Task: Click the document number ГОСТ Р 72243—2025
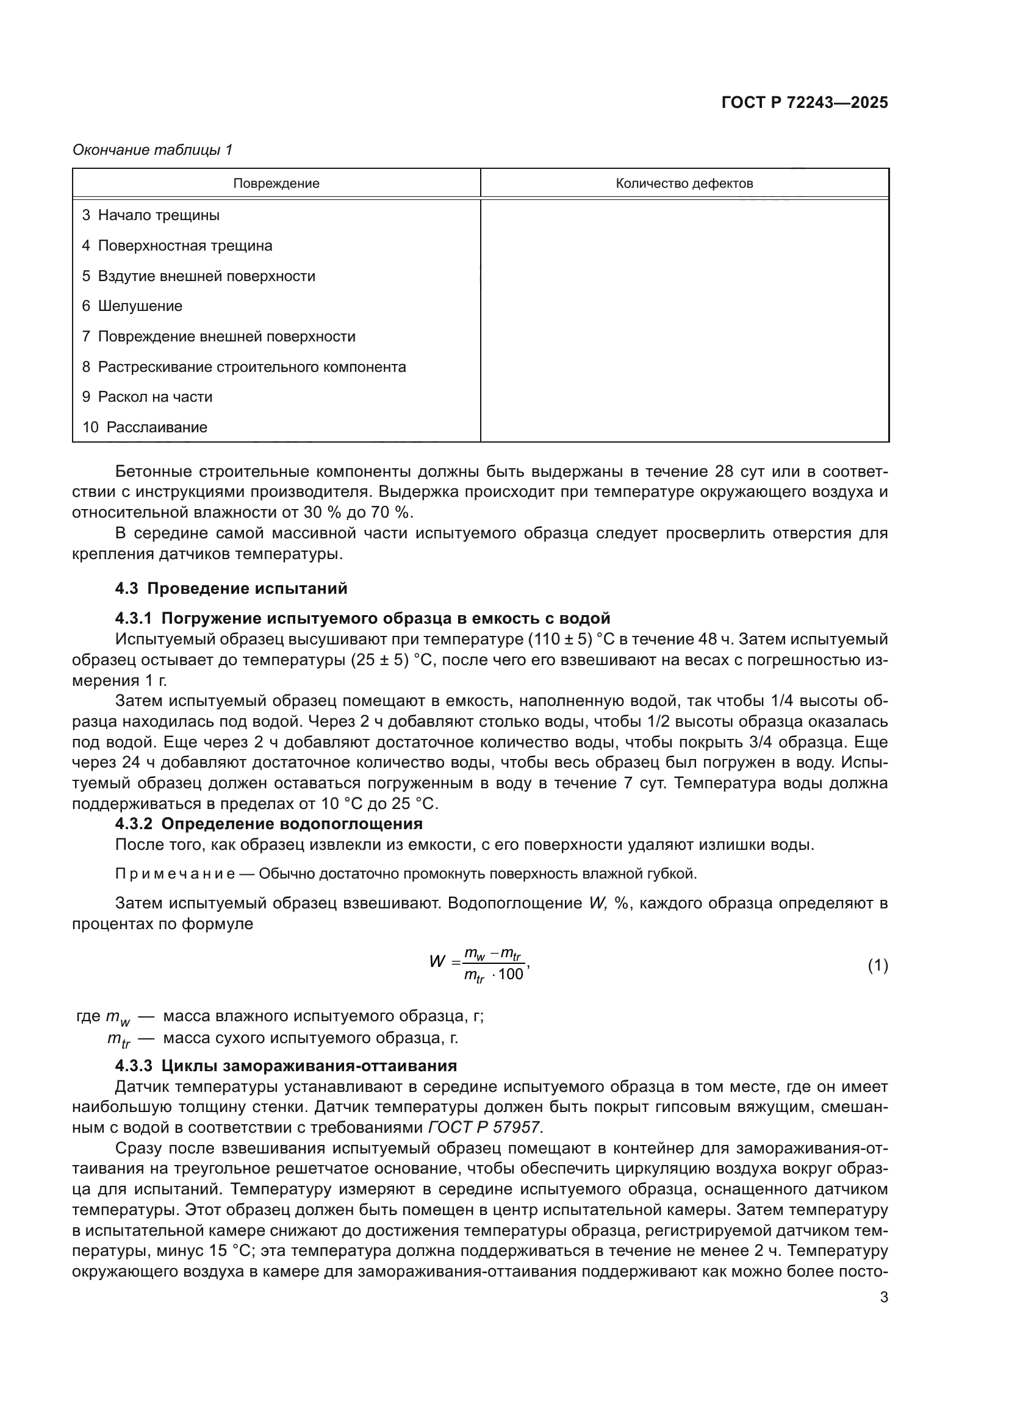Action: (805, 103)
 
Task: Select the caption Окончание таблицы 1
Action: (153, 150)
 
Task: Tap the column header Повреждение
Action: (276, 184)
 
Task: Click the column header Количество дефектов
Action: (684, 184)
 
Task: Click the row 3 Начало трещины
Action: (151, 215)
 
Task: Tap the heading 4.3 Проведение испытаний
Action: (231, 588)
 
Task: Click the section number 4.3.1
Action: (133, 618)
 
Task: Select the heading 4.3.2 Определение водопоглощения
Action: (268, 824)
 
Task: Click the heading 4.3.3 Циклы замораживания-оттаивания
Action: (285, 1066)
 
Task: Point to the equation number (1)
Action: (877, 965)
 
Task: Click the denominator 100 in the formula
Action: (511, 974)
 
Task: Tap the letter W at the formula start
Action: (437, 962)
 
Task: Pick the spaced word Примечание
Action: (174, 874)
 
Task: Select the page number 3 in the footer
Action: (883, 1297)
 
